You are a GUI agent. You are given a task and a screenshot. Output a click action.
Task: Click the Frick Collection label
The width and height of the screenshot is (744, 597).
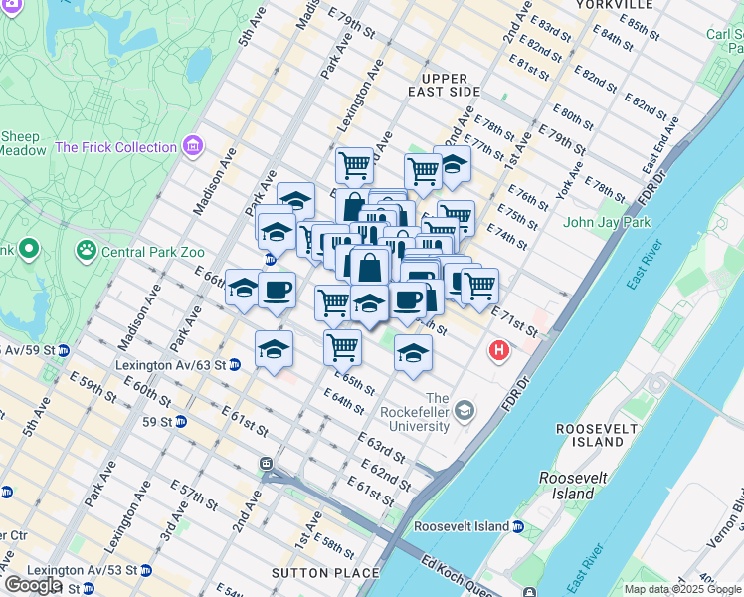pos(115,147)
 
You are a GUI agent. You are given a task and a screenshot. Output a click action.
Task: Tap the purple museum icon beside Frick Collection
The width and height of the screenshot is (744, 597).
pos(193,147)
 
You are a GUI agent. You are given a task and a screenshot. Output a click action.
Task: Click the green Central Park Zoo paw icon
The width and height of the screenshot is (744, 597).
pos(87,250)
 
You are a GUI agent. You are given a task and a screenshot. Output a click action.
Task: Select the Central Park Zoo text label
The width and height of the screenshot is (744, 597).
pos(151,251)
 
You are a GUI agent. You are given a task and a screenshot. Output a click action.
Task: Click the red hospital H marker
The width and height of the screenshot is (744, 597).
pos(498,351)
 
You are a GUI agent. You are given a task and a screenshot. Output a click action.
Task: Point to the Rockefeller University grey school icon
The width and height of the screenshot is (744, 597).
pos(465,410)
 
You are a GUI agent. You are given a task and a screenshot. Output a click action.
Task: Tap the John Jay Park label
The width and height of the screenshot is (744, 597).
pos(607,222)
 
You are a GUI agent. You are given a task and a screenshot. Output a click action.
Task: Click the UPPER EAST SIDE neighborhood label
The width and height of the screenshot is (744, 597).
pos(451,85)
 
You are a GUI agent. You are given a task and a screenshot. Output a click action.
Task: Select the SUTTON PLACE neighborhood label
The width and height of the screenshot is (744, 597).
pos(325,573)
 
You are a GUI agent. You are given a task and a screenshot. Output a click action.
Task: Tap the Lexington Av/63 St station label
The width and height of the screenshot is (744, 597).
pos(170,365)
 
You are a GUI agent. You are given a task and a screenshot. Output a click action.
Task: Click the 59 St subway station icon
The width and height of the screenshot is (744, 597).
pos(180,422)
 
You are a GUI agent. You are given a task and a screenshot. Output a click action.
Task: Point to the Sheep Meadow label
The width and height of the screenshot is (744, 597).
pos(23,143)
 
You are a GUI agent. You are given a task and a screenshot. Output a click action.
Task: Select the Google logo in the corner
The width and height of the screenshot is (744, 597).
pos(32,585)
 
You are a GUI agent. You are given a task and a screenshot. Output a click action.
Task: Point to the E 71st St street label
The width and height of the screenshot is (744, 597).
pos(514,322)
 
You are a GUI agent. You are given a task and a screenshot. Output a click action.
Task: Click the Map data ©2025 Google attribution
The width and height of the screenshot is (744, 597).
pos(681,589)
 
